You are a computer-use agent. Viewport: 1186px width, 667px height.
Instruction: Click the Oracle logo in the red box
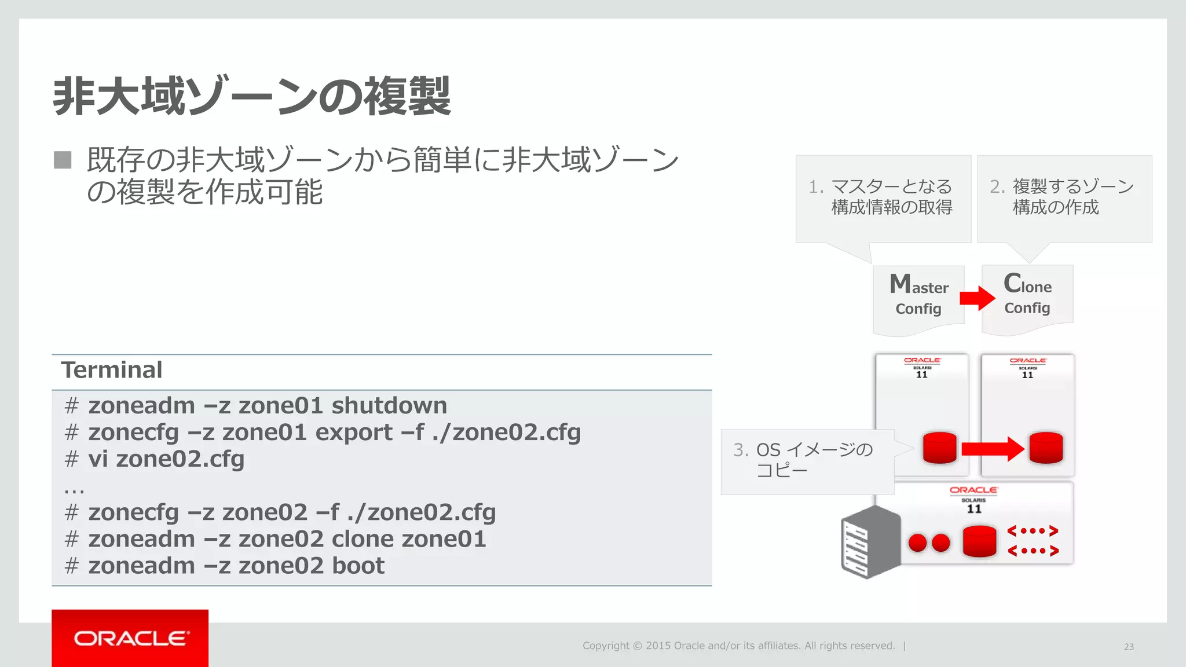(x=130, y=638)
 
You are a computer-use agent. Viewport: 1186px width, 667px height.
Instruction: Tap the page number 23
(x=1129, y=647)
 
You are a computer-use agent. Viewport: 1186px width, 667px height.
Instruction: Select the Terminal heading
(x=112, y=370)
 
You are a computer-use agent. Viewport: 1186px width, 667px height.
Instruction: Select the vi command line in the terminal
(x=166, y=459)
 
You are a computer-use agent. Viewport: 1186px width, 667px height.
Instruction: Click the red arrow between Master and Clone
(x=977, y=298)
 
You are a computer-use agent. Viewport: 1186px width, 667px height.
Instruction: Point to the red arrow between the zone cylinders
(x=992, y=449)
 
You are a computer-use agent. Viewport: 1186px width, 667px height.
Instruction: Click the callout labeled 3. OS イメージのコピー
(x=805, y=461)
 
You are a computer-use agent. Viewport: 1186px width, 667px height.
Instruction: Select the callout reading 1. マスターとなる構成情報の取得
(x=883, y=197)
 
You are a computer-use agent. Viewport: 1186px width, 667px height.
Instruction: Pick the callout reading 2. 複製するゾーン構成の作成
(x=1064, y=197)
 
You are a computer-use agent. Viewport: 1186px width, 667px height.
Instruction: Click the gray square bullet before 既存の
(x=63, y=160)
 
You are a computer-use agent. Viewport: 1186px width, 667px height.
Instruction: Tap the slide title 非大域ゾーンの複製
(x=251, y=96)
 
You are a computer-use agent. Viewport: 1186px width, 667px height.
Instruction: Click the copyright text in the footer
(x=738, y=646)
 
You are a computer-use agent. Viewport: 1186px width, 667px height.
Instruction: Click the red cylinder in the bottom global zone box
(x=979, y=541)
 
